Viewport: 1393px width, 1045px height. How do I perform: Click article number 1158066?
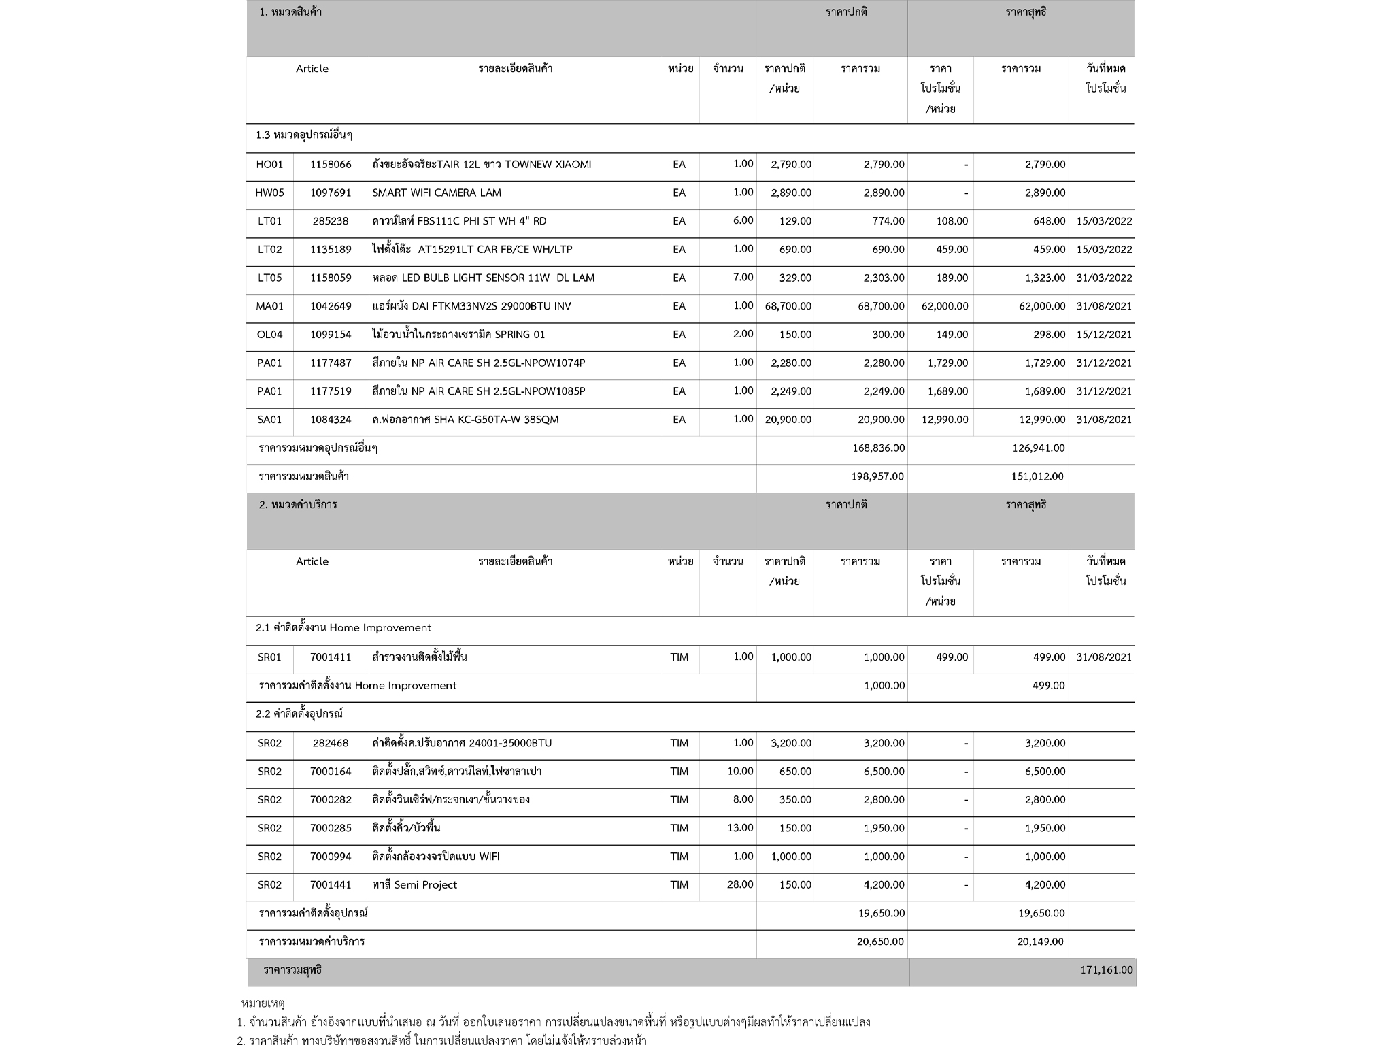pyautogui.click(x=331, y=165)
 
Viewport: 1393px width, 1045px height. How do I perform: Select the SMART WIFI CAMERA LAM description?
pyautogui.click(x=437, y=193)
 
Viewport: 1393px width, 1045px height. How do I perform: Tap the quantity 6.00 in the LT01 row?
pyautogui.click(x=743, y=220)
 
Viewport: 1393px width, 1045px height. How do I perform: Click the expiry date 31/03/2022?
pyautogui.click(x=1104, y=278)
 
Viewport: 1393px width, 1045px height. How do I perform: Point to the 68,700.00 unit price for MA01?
pyautogui.click(x=788, y=306)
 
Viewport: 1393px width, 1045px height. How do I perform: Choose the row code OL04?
pyautogui.click(x=269, y=335)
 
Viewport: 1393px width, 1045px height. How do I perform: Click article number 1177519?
pyautogui.click(x=331, y=391)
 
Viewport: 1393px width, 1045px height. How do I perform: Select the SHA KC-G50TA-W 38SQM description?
pyautogui.click(x=465, y=420)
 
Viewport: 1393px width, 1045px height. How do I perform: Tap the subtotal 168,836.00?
pyautogui.click(x=878, y=448)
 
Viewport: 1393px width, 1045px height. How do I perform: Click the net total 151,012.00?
pyautogui.click(x=1037, y=476)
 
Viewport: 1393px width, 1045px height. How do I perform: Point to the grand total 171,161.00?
pyautogui.click(x=1107, y=969)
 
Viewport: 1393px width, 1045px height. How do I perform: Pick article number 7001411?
pyautogui.click(x=331, y=657)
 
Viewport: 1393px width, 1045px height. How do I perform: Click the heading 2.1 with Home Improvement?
pyautogui.click(x=343, y=627)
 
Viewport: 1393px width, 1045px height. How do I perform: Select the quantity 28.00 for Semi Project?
pyautogui.click(x=740, y=884)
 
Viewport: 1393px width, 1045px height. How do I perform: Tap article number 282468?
pyautogui.click(x=331, y=743)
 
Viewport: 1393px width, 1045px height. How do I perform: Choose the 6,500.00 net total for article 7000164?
pyautogui.click(x=1045, y=772)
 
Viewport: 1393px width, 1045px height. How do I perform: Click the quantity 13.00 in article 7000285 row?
pyautogui.click(x=740, y=828)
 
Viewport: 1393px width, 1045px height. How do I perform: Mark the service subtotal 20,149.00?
pyautogui.click(x=1040, y=942)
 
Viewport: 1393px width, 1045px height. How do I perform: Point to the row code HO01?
pyautogui.click(x=269, y=165)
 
